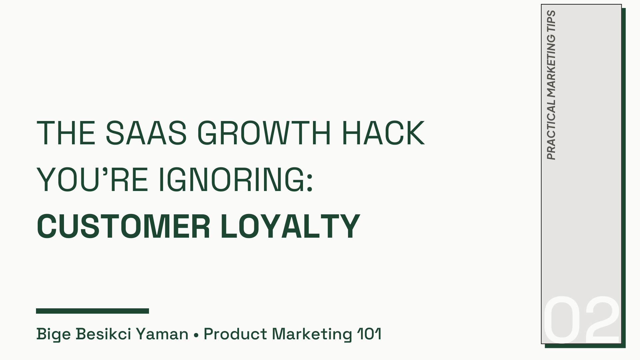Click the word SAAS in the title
146,133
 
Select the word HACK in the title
383,133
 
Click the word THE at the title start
66,133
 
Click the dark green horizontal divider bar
92,311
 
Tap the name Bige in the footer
53,334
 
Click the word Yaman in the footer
162,334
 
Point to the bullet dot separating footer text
196,335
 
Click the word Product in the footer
235,334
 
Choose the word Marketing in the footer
312,334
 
